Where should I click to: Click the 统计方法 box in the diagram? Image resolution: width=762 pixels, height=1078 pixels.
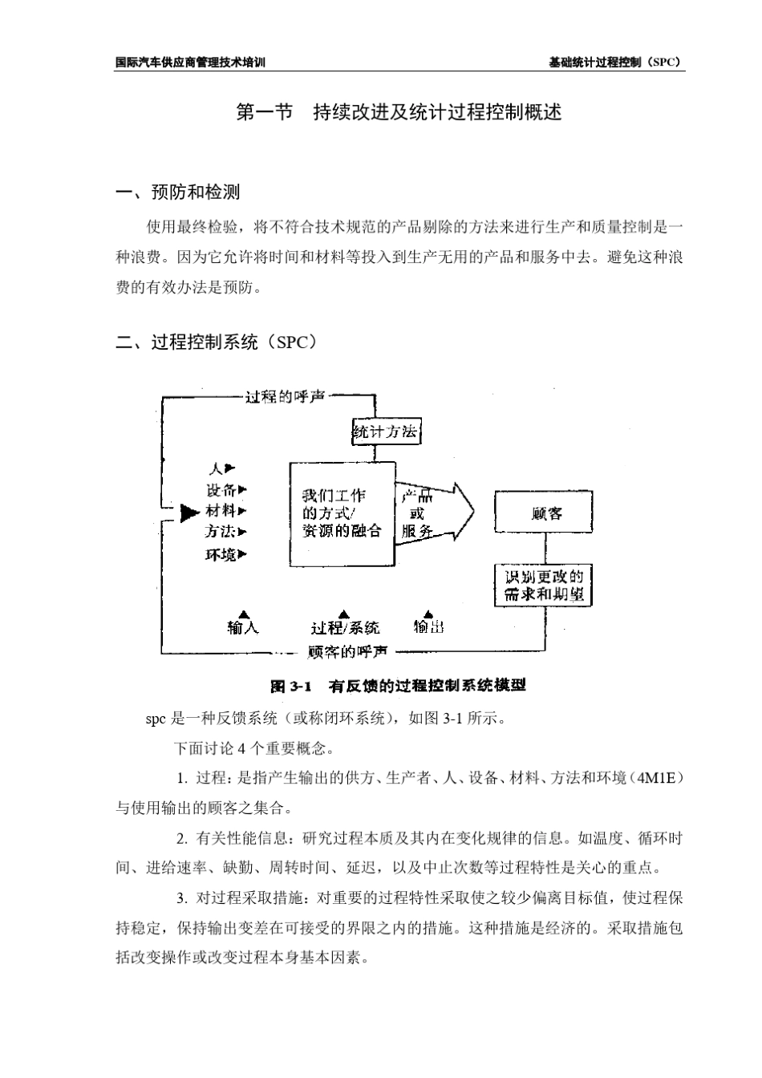tap(385, 432)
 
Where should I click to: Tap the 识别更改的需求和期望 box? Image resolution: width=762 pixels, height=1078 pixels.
tap(544, 586)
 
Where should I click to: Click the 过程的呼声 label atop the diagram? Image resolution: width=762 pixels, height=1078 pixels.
tap(285, 397)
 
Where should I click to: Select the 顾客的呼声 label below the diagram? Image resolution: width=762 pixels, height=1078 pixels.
tap(347, 651)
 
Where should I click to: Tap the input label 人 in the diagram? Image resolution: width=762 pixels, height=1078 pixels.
tap(216, 468)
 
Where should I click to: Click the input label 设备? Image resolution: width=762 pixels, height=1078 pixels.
tap(221, 489)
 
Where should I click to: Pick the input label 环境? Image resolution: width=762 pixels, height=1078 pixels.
tap(221, 554)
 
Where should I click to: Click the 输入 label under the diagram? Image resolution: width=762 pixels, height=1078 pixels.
tap(243, 627)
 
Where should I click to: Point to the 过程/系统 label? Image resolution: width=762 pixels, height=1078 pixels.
tap(345, 627)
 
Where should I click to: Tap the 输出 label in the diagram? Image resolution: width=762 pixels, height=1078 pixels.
tap(428, 627)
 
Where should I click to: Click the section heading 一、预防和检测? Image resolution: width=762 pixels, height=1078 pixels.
tap(178, 192)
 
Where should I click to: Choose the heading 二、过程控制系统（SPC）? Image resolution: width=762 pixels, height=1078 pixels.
tap(217, 342)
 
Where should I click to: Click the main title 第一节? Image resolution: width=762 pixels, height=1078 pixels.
tap(265, 112)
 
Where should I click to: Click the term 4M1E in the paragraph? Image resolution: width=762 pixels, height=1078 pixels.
tap(655, 778)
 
